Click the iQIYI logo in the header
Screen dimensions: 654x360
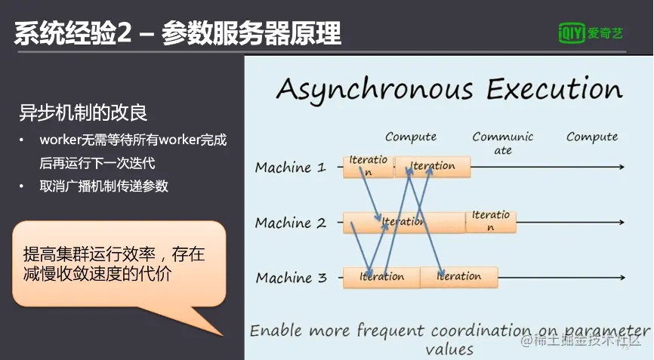tap(591, 32)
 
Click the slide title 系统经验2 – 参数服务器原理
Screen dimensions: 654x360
tap(177, 33)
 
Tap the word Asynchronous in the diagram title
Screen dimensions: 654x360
tap(374, 89)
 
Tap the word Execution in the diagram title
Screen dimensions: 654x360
tap(554, 89)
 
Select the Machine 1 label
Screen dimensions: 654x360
tap(290, 168)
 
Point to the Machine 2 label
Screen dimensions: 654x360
tap(290, 223)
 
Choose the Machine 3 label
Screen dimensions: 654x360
tap(291, 278)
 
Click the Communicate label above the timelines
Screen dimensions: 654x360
tap(502, 143)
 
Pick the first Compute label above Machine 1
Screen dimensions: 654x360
tap(411, 137)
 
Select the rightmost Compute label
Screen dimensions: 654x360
tap(592, 137)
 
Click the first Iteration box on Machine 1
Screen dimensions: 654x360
tap(368, 166)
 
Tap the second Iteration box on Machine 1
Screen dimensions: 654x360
tap(433, 166)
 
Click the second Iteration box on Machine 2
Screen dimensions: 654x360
tap(491, 220)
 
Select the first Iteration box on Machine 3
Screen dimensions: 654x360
tap(381, 277)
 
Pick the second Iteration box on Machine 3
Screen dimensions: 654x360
tap(459, 277)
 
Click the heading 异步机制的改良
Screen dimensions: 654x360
tap(83, 113)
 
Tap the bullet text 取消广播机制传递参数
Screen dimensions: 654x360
tap(104, 186)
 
